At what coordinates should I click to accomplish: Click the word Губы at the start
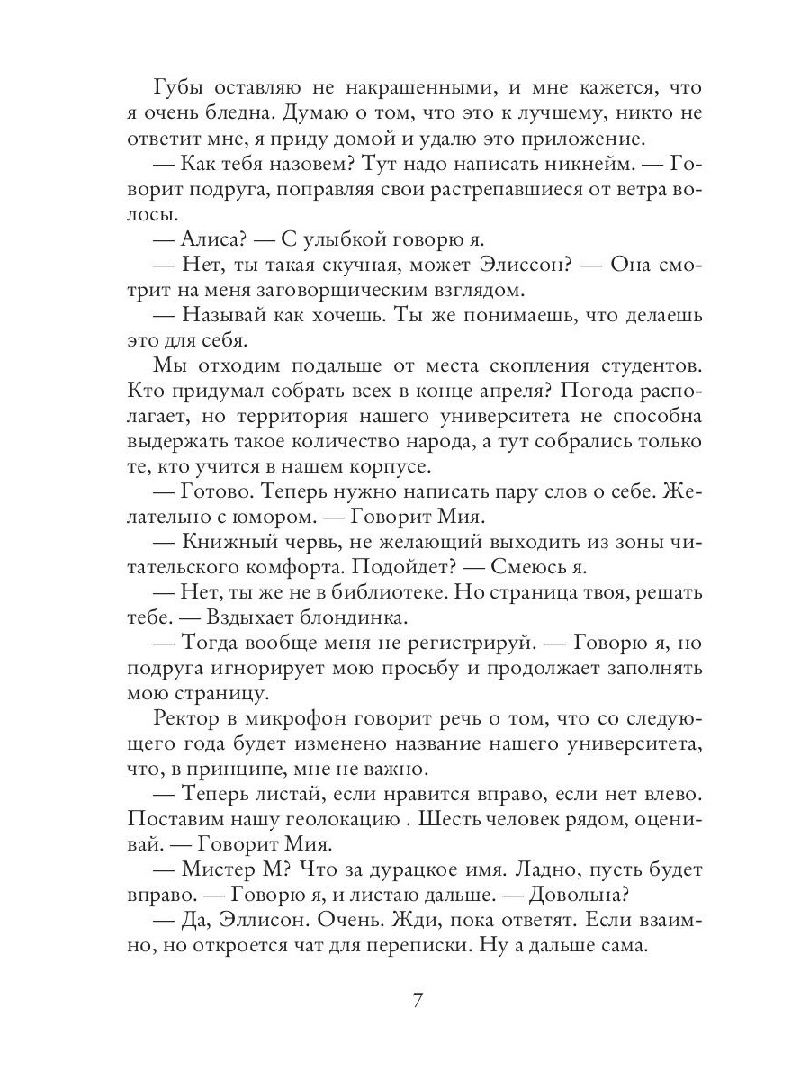point(177,89)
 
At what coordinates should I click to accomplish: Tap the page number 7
point(416,1001)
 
